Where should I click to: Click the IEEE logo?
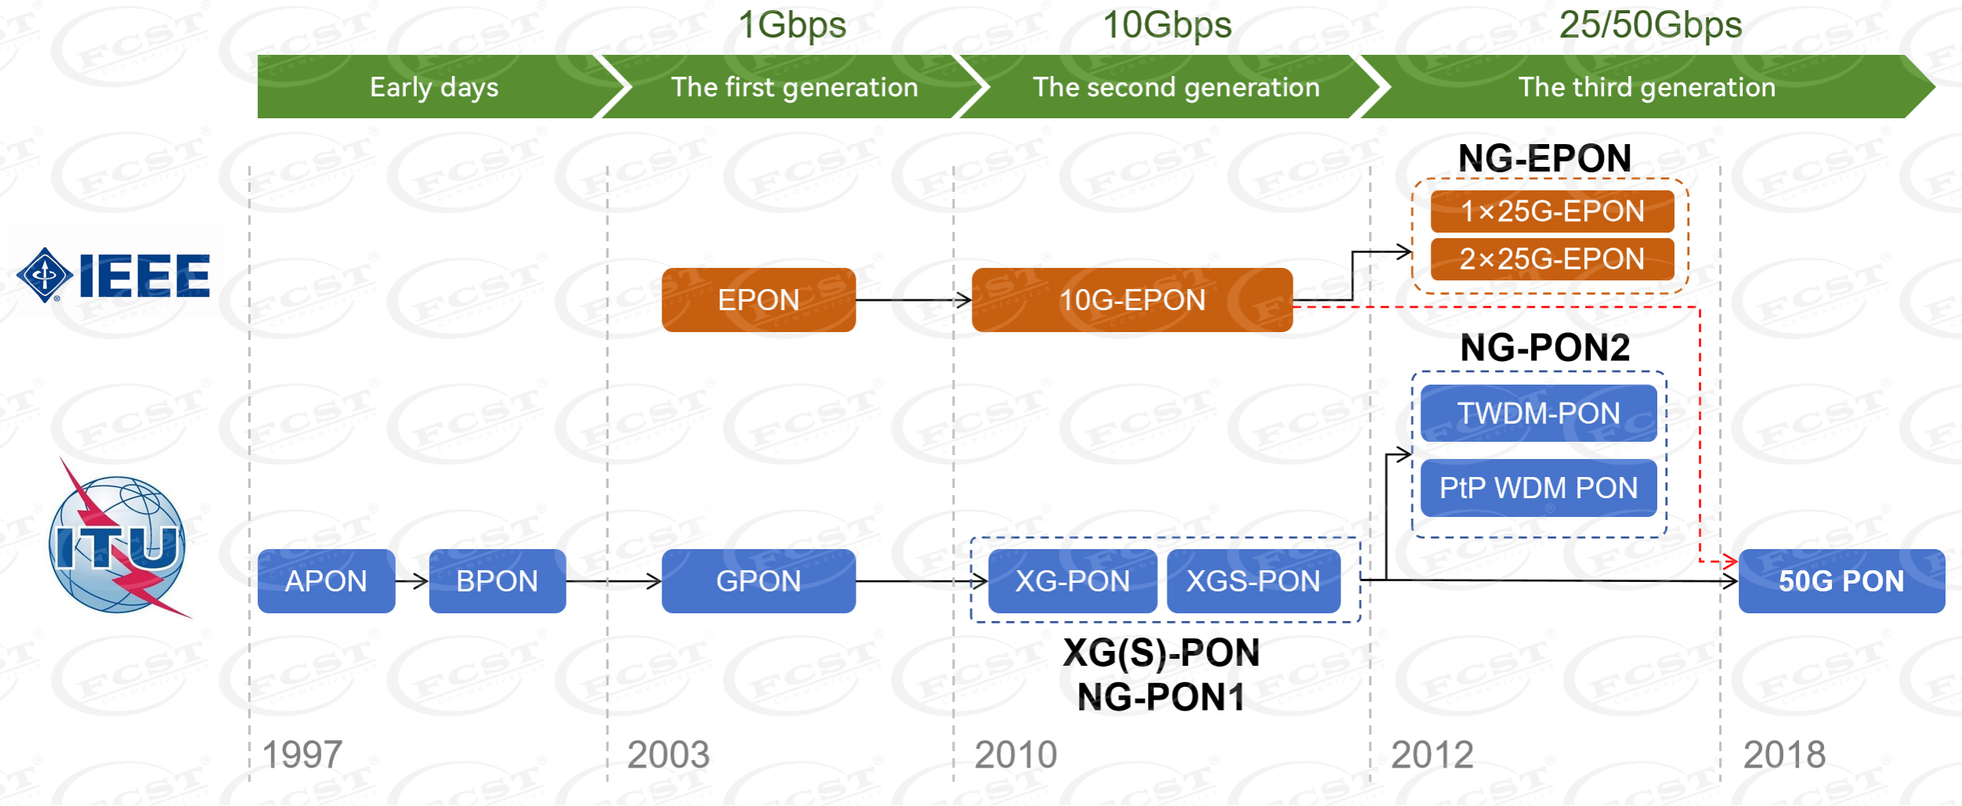(x=114, y=275)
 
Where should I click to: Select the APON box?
(x=326, y=581)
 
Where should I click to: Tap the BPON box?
(x=497, y=581)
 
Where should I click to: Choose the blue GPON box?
(x=758, y=581)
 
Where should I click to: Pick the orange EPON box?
(x=758, y=300)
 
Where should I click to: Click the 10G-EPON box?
(x=1131, y=300)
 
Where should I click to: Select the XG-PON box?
(x=1072, y=581)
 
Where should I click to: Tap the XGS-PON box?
(x=1253, y=581)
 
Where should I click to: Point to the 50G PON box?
(x=1841, y=581)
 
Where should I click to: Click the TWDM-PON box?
(x=1538, y=413)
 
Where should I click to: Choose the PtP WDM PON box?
(x=1538, y=488)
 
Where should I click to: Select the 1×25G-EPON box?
(x=1551, y=211)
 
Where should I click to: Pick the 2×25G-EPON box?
(x=1551, y=259)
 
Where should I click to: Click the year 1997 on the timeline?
(x=302, y=755)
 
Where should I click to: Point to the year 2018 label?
(x=1784, y=755)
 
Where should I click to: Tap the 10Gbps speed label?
(x=1167, y=25)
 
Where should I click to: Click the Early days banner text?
(x=433, y=87)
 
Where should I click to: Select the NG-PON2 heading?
(x=1544, y=347)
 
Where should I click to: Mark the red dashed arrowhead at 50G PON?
(x=1731, y=561)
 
